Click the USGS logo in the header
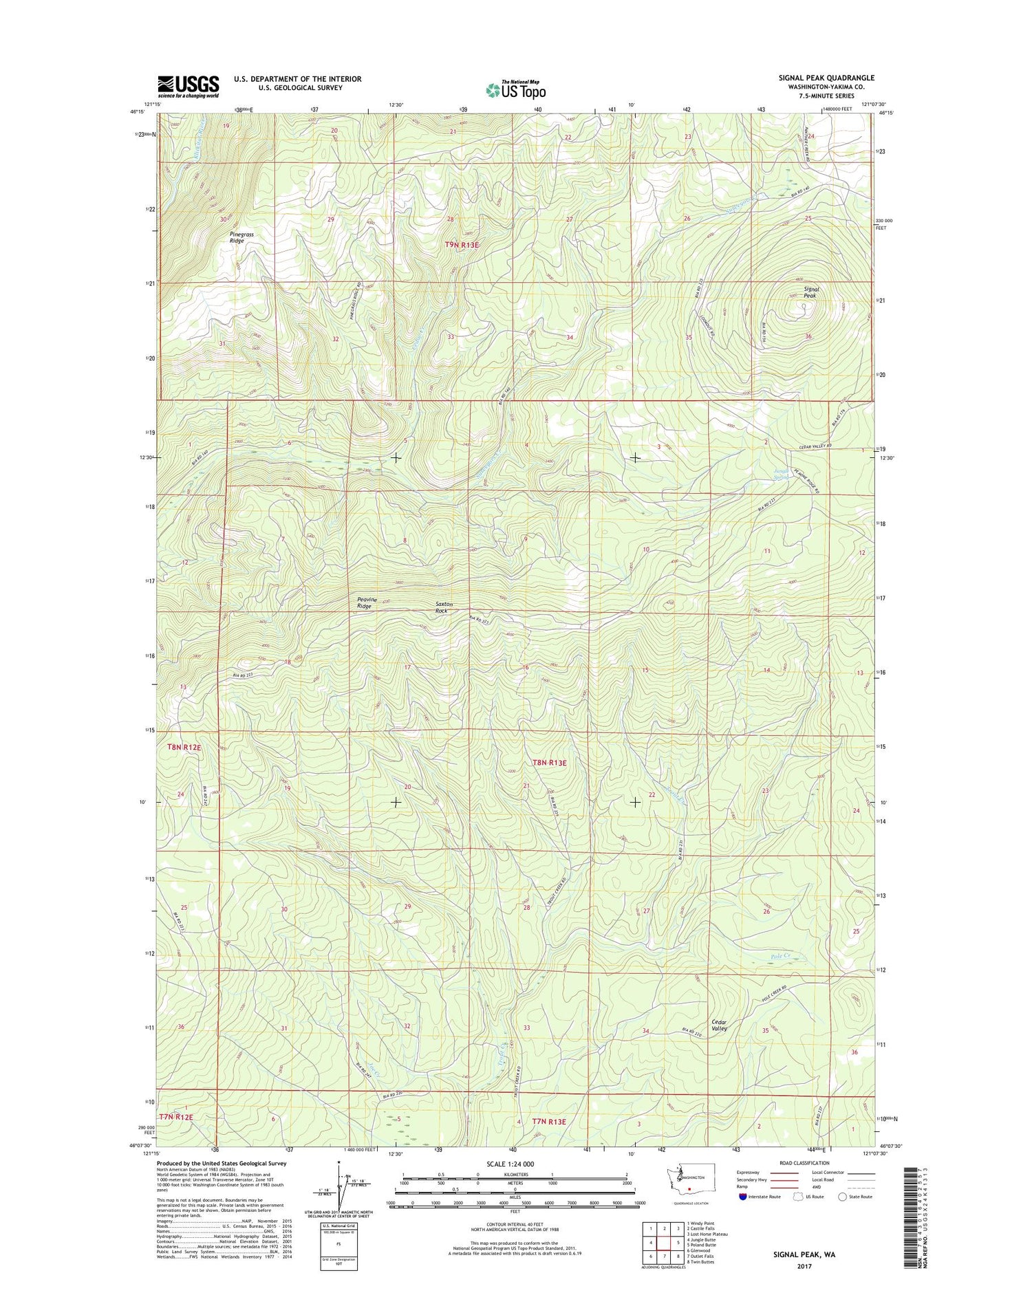click(188, 87)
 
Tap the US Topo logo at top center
click(516, 89)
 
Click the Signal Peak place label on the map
click(811, 292)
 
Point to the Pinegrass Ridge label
click(241, 237)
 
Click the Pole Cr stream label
click(780, 956)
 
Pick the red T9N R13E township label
click(462, 245)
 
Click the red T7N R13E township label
click(549, 1122)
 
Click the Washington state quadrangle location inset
click(686, 1181)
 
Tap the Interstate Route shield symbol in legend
click(741, 1197)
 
